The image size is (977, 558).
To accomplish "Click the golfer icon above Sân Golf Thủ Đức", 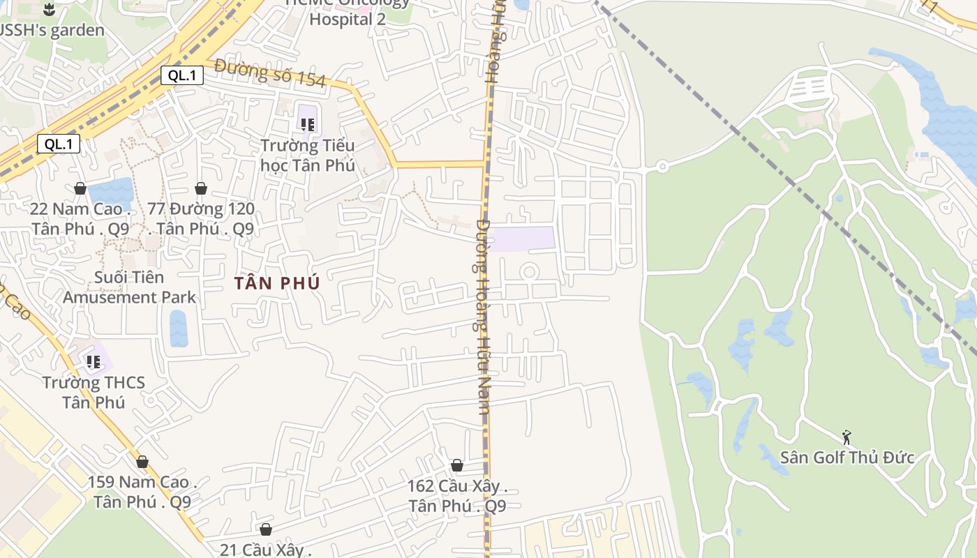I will click(847, 437).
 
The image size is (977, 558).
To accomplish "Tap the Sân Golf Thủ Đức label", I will click(847, 458).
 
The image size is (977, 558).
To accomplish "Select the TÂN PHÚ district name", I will click(277, 283).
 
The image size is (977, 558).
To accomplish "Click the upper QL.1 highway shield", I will click(182, 75).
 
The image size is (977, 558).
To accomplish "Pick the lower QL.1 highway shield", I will click(59, 144).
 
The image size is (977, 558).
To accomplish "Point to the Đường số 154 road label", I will click(270, 73).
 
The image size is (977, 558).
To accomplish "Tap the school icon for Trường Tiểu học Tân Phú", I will click(307, 125).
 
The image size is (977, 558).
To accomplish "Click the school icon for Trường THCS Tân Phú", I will click(93, 361).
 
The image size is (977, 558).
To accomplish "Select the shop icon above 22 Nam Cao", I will click(80, 188).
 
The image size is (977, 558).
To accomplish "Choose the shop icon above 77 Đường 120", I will click(201, 188).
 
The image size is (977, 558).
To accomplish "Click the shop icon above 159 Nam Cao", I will click(142, 462).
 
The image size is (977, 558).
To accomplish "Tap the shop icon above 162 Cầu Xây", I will click(457, 465).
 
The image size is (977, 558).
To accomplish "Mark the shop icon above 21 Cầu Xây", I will click(265, 530).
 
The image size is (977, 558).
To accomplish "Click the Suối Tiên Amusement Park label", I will click(130, 287).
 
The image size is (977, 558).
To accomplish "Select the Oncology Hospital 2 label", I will click(348, 19).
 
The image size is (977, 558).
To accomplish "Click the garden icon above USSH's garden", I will click(49, 10).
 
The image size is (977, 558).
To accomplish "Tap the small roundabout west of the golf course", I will click(662, 167).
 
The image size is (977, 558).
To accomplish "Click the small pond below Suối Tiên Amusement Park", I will click(178, 329).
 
